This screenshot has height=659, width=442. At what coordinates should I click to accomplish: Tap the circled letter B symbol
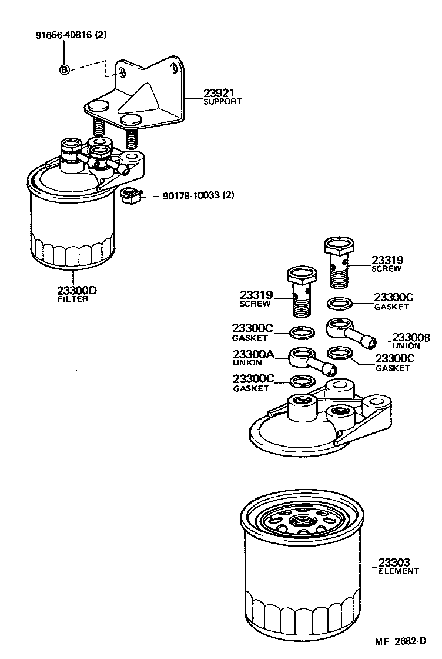point(65,70)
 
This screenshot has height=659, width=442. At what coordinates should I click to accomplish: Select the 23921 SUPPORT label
point(222,96)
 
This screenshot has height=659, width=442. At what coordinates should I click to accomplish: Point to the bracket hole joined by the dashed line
point(122,73)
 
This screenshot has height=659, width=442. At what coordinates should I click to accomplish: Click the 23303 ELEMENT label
point(398,566)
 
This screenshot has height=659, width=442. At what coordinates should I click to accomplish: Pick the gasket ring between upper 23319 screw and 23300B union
point(339,304)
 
